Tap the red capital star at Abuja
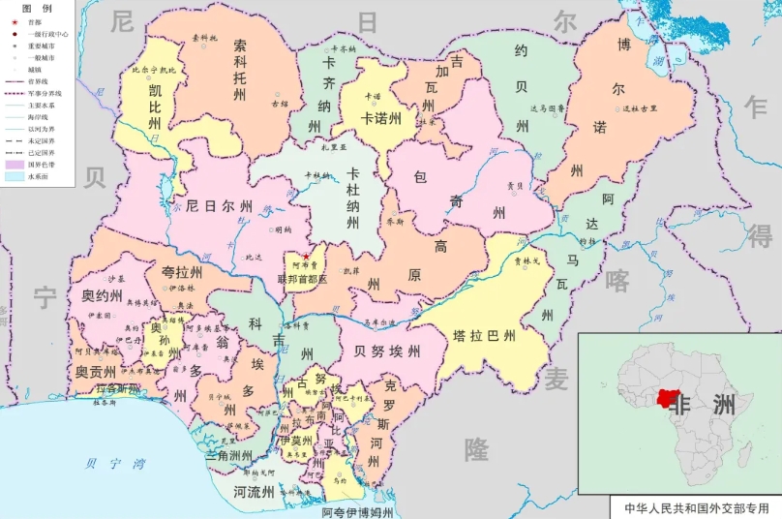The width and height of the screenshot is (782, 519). pos(306,256)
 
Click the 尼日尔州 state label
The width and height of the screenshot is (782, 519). pos(219,207)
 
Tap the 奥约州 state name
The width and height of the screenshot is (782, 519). pos(101,295)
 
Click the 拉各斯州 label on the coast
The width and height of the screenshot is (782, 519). pos(118,388)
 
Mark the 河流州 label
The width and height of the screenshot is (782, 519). pos(254,492)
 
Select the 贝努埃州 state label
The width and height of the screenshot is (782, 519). pos(386,351)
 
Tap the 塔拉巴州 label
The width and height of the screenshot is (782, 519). pos(485,337)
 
